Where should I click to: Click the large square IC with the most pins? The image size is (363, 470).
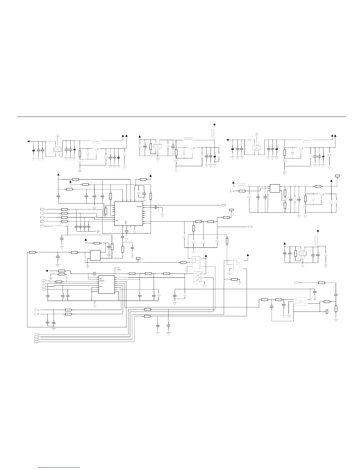coord(128,213)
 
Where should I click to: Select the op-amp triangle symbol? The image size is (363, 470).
coord(301,302)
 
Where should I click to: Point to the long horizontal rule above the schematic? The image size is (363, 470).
coord(181,117)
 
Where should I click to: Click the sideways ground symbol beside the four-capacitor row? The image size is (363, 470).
coord(99,231)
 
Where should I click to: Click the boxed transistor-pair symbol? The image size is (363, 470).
coord(198,278)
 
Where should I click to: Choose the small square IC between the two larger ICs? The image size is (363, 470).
coord(95,255)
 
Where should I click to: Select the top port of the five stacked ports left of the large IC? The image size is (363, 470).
coord(42,209)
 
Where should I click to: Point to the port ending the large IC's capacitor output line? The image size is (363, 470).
coord(223,205)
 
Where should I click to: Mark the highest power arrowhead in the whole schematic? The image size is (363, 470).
coord(215,123)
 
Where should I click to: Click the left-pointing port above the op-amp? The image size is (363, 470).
coord(296,283)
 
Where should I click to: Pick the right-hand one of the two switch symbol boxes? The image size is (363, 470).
coord(238,264)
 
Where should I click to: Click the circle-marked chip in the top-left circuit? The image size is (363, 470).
coord(57,149)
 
